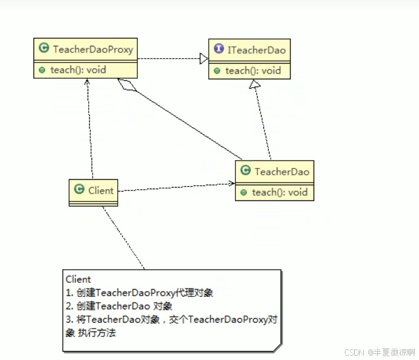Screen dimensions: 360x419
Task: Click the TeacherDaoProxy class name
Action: (x=93, y=50)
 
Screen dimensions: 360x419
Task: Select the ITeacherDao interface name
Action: (x=256, y=50)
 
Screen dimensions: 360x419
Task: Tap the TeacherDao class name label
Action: (x=281, y=172)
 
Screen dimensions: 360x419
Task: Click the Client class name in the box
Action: (x=100, y=190)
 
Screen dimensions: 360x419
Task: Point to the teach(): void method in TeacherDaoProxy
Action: (x=78, y=70)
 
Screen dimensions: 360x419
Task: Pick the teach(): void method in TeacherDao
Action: (x=280, y=193)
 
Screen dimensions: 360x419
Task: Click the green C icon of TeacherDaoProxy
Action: (x=44, y=50)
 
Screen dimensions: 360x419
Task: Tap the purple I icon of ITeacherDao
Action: (x=219, y=50)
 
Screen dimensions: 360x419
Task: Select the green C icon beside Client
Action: (x=79, y=190)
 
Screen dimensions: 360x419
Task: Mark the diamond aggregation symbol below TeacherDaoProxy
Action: (x=126, y=87)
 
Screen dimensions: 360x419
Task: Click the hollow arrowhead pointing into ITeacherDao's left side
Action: (x=204, y=57)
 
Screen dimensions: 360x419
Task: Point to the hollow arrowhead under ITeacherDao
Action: (x=255, y=84)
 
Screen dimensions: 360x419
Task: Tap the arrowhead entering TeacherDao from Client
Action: (x=230, y=183)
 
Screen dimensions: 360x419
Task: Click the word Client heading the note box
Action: (x=78, y=280)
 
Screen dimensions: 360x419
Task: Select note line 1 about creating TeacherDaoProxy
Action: (x=139, y=292)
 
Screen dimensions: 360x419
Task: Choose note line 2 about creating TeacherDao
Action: (x=119, y=306)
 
